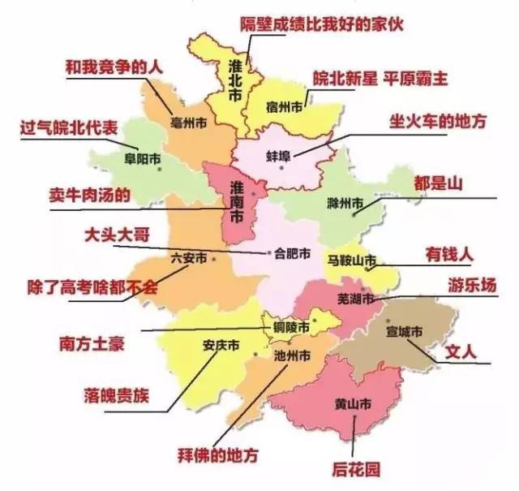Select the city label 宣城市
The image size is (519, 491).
click(x=405, y=331)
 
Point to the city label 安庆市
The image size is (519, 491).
click(x=219, y=344)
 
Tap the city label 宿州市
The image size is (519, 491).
click(x=285, y=106)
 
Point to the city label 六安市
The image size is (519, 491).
click(x=188, y=258)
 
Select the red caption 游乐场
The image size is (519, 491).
click(x=470, y=285)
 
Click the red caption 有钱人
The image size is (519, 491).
click(x=448, y=253)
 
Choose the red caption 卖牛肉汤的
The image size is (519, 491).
click(x=90, y=195)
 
